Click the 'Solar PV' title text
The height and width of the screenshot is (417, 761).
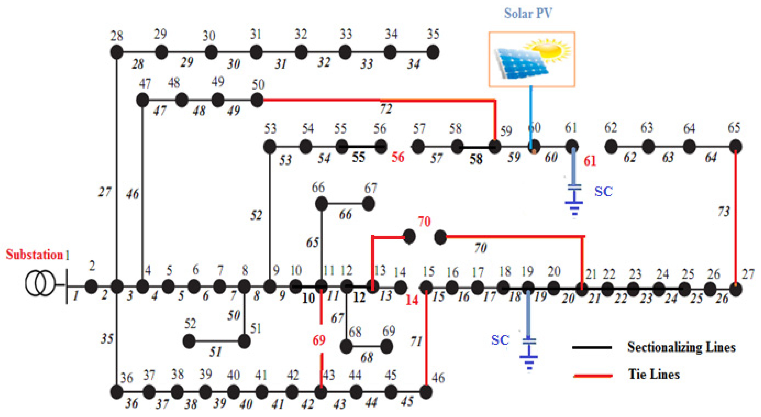pyautogui.click(x=528, y=13)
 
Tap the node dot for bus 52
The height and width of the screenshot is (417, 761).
pyautogui.click(x=189, y=341)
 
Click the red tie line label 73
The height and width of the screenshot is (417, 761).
pyautogui.click(x=724, y=211)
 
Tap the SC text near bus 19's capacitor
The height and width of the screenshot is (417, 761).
pyautogui.click(x=500, y=340)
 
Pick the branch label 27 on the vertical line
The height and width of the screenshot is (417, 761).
pyautogui.click(x=105, y=192)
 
